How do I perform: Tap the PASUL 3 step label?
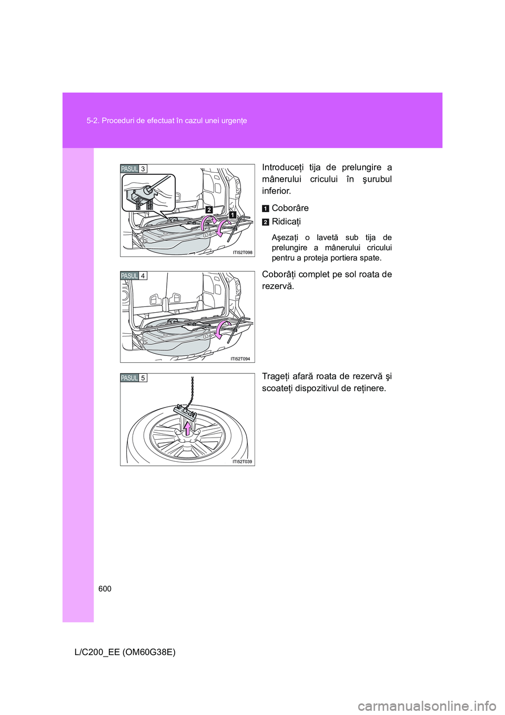pyautogui.click(x=134, y=168)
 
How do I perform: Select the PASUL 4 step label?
pyautogui.click(x=134, y=275)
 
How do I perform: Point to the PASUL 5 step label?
pyautogui.click(x=134, y=378)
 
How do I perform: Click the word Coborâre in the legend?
pyautogui.click(x=290, y=208)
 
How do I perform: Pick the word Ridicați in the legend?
pyautogui.click(x=286, y=222)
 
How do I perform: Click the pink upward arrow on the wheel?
pyautogui.click(x=188, y=429)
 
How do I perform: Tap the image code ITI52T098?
pyautogui.click(x=243, y=252)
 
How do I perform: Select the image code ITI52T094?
pyautogui.click(x=240, y=359)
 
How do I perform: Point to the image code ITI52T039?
pyautogui.click(x=242, y=462)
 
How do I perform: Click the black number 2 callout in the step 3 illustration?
pyautogui.click(x=209, y=210)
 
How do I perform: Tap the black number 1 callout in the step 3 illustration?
pyautogui.click(x=232, y=214)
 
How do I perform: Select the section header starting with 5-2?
pyautogui.click(x=167, y=121)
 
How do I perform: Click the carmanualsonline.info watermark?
pyautogui.click(x=446, y=704)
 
